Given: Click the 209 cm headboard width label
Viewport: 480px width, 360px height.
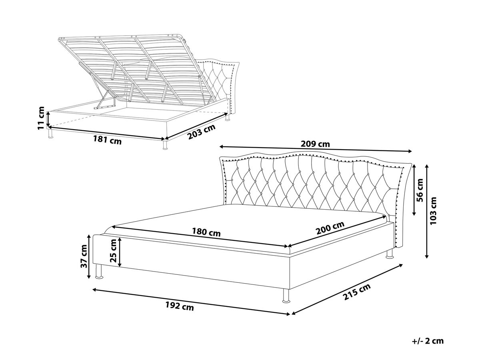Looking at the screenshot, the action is tap(315, 144).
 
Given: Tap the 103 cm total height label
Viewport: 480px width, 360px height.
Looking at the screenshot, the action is tap(433, 210).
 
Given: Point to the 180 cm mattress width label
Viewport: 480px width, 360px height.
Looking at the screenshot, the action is tap(206, 232).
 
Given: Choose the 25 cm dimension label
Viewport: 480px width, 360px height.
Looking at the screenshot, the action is tap(113, 253).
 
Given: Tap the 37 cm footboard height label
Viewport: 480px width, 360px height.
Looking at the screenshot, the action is tap(84, 256).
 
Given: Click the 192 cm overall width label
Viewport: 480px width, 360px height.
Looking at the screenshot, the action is tap(179, 306).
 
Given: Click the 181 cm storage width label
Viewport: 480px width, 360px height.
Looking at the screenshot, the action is tap(107, 140).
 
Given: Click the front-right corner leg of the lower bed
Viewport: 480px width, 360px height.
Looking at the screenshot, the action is tap(286, 296).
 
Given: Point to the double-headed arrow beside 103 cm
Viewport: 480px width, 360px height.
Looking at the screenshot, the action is tap(427, 211).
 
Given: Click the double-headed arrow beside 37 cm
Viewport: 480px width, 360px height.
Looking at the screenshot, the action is tap(88, 256).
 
